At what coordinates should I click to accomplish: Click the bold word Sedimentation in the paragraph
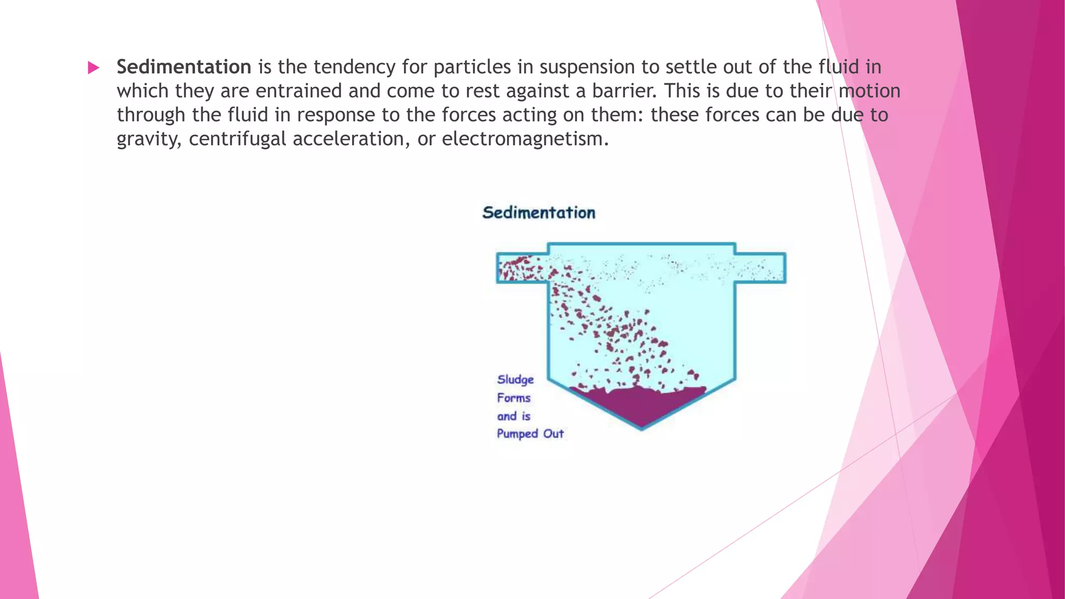pos(184,67)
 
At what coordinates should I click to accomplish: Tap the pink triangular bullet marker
pos(94,68)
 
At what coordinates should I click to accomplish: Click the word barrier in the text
pos(622,92)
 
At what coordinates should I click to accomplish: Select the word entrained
pos(299,92)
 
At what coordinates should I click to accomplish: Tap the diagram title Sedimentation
pos(539,213)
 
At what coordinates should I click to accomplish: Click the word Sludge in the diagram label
pos(515,380)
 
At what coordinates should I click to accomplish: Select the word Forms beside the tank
pos(514,398)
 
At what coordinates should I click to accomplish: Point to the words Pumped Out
pos(530,434)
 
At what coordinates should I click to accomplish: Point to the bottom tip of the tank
pos(641,428)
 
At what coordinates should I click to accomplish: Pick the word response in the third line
pos(336,115)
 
